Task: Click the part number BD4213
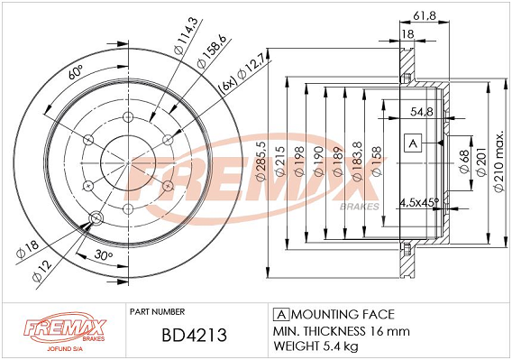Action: coord(194,336)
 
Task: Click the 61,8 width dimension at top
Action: coord(425,15)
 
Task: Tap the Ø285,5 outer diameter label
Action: coord(261,162)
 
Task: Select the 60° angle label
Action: coord(76,72)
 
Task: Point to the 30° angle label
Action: coord(104,255)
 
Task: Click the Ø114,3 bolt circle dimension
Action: coord(186,36)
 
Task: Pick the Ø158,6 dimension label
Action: coord(211,51)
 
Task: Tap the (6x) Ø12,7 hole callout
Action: coord(244,78)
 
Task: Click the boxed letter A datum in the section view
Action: coord(413,143)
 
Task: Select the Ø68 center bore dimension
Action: coord(464,162)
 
